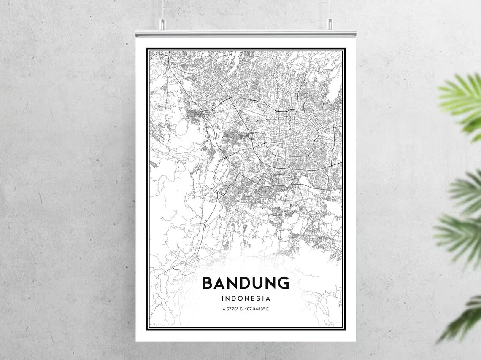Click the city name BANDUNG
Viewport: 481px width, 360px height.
tap(246, 283)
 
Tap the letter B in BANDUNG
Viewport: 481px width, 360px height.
tap(208, 283)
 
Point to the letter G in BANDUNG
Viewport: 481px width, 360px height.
tap(283, 283)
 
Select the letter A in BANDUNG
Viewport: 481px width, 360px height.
tap(220, 283)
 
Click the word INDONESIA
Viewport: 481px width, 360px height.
tap(246, 298)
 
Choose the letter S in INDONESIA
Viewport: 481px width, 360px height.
tap(258, 298)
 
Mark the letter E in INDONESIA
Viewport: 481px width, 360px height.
tap(252, 298)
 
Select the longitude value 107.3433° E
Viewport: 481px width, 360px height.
tap(257, 309)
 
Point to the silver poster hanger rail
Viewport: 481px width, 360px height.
tap(246, 33)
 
